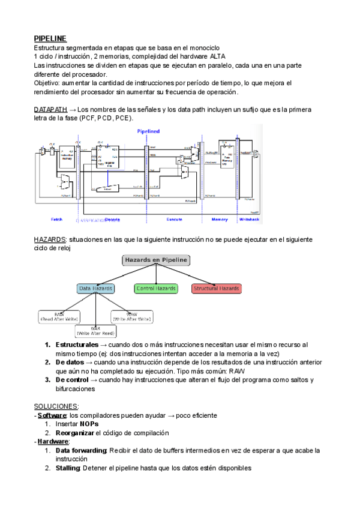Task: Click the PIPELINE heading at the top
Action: coord(50,38)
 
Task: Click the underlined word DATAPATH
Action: coord(50,109)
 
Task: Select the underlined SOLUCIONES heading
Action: coord(56,406)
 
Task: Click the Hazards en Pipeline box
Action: coord(156,261)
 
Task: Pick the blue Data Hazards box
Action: coord(97,289)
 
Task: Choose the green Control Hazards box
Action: coord(156,289)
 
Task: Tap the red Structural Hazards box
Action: coord(217,289)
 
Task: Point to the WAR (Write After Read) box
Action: coord(96,331)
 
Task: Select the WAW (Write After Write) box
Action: coord(131,316)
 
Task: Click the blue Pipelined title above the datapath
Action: coord(148,131)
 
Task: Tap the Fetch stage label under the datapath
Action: coord(57,219)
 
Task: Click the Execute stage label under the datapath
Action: coord(174,219)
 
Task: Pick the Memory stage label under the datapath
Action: coord(220,219)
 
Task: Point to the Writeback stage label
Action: coord(248,219)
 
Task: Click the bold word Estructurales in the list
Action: coord(77,345)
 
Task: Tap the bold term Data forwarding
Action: coord(81,450)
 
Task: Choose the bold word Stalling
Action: coord(68,468)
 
